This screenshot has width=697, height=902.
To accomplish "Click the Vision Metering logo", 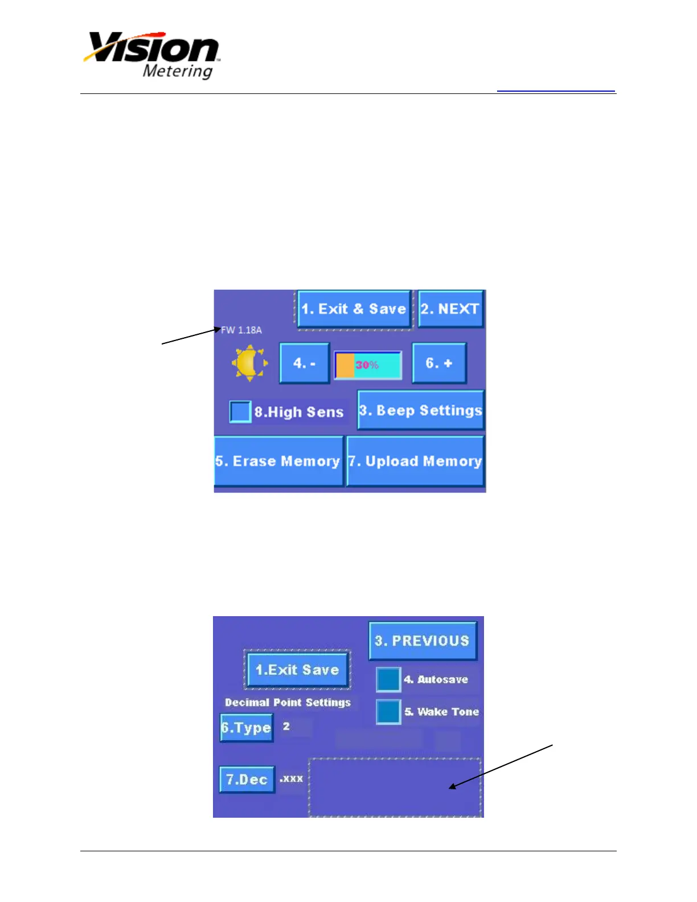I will click(153, 55).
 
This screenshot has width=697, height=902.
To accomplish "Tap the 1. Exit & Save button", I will click(354, 309).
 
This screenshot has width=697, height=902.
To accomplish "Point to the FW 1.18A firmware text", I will click(241, 330).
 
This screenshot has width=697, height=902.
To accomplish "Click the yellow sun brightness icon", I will click(249, 363).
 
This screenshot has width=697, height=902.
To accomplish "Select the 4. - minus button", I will click(304, 363).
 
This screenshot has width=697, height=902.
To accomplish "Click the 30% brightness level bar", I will click(368, 365).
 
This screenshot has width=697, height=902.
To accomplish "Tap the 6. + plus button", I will click(439, 363).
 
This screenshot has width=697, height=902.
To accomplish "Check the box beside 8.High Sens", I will click(240, 412).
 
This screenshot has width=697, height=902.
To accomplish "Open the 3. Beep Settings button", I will click(421, 410).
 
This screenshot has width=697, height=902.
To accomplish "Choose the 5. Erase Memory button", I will click(278, 461).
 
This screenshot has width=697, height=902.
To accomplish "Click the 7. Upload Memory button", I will click(415, 461).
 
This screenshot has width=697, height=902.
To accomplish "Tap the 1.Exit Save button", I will click(297, 670).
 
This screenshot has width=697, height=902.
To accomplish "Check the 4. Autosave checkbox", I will click(388, 679).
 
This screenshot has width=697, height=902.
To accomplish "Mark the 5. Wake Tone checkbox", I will click(388, 712).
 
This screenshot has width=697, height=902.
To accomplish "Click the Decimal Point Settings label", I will click(288, 703).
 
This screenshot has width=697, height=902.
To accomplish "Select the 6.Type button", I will click(247, 728).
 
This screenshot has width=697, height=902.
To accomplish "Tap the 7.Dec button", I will click(247, 779).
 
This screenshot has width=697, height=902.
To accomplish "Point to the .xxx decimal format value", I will click(291, 778).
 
